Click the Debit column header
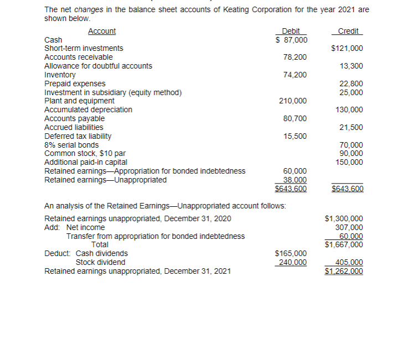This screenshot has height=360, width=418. [x=291, y=32]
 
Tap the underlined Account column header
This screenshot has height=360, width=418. [x=102, y=32]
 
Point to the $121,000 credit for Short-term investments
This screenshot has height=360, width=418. [x=347, y=49]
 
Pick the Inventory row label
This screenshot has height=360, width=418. [x=60, y=75]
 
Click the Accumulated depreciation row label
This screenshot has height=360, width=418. [x=88, y=109]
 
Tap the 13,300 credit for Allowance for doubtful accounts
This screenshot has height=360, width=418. [x=351, y=66]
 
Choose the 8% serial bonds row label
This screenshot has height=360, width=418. [x=71, y=145]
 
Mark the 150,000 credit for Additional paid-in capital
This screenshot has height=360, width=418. [x=349, y=162]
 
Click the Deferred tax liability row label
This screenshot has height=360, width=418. [x=78, y=136]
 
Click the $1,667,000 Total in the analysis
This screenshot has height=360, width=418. [x=344, y=244]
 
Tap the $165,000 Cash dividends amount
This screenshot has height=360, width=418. [x=291, y=253]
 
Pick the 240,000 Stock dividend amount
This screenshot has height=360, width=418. [x=293, y=262]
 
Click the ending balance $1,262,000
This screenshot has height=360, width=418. [x=344, y=272]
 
